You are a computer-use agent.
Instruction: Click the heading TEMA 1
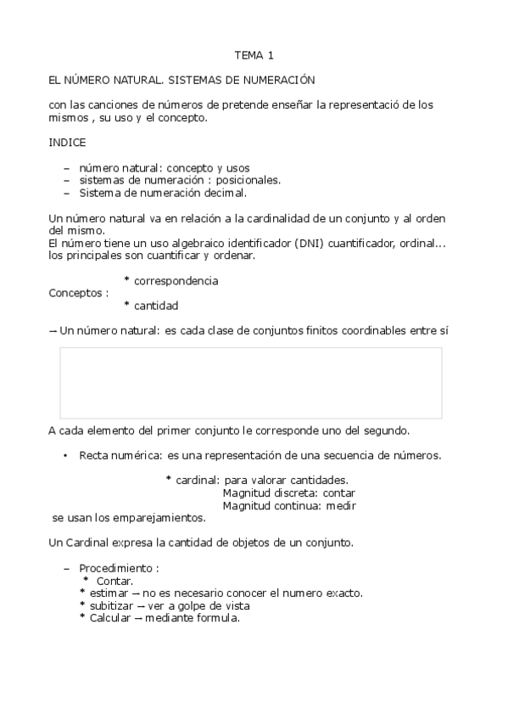pos(254,56)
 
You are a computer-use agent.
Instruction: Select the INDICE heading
pos(67,143)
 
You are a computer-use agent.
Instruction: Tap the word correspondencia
pos(176,280)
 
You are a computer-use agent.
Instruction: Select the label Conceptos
pos(78,293)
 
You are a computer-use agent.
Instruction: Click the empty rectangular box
pos(250,382)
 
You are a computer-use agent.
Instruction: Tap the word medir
pos(341,505)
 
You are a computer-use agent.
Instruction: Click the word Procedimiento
pos(117,568)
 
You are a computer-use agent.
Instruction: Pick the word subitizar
pos(109,606)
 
